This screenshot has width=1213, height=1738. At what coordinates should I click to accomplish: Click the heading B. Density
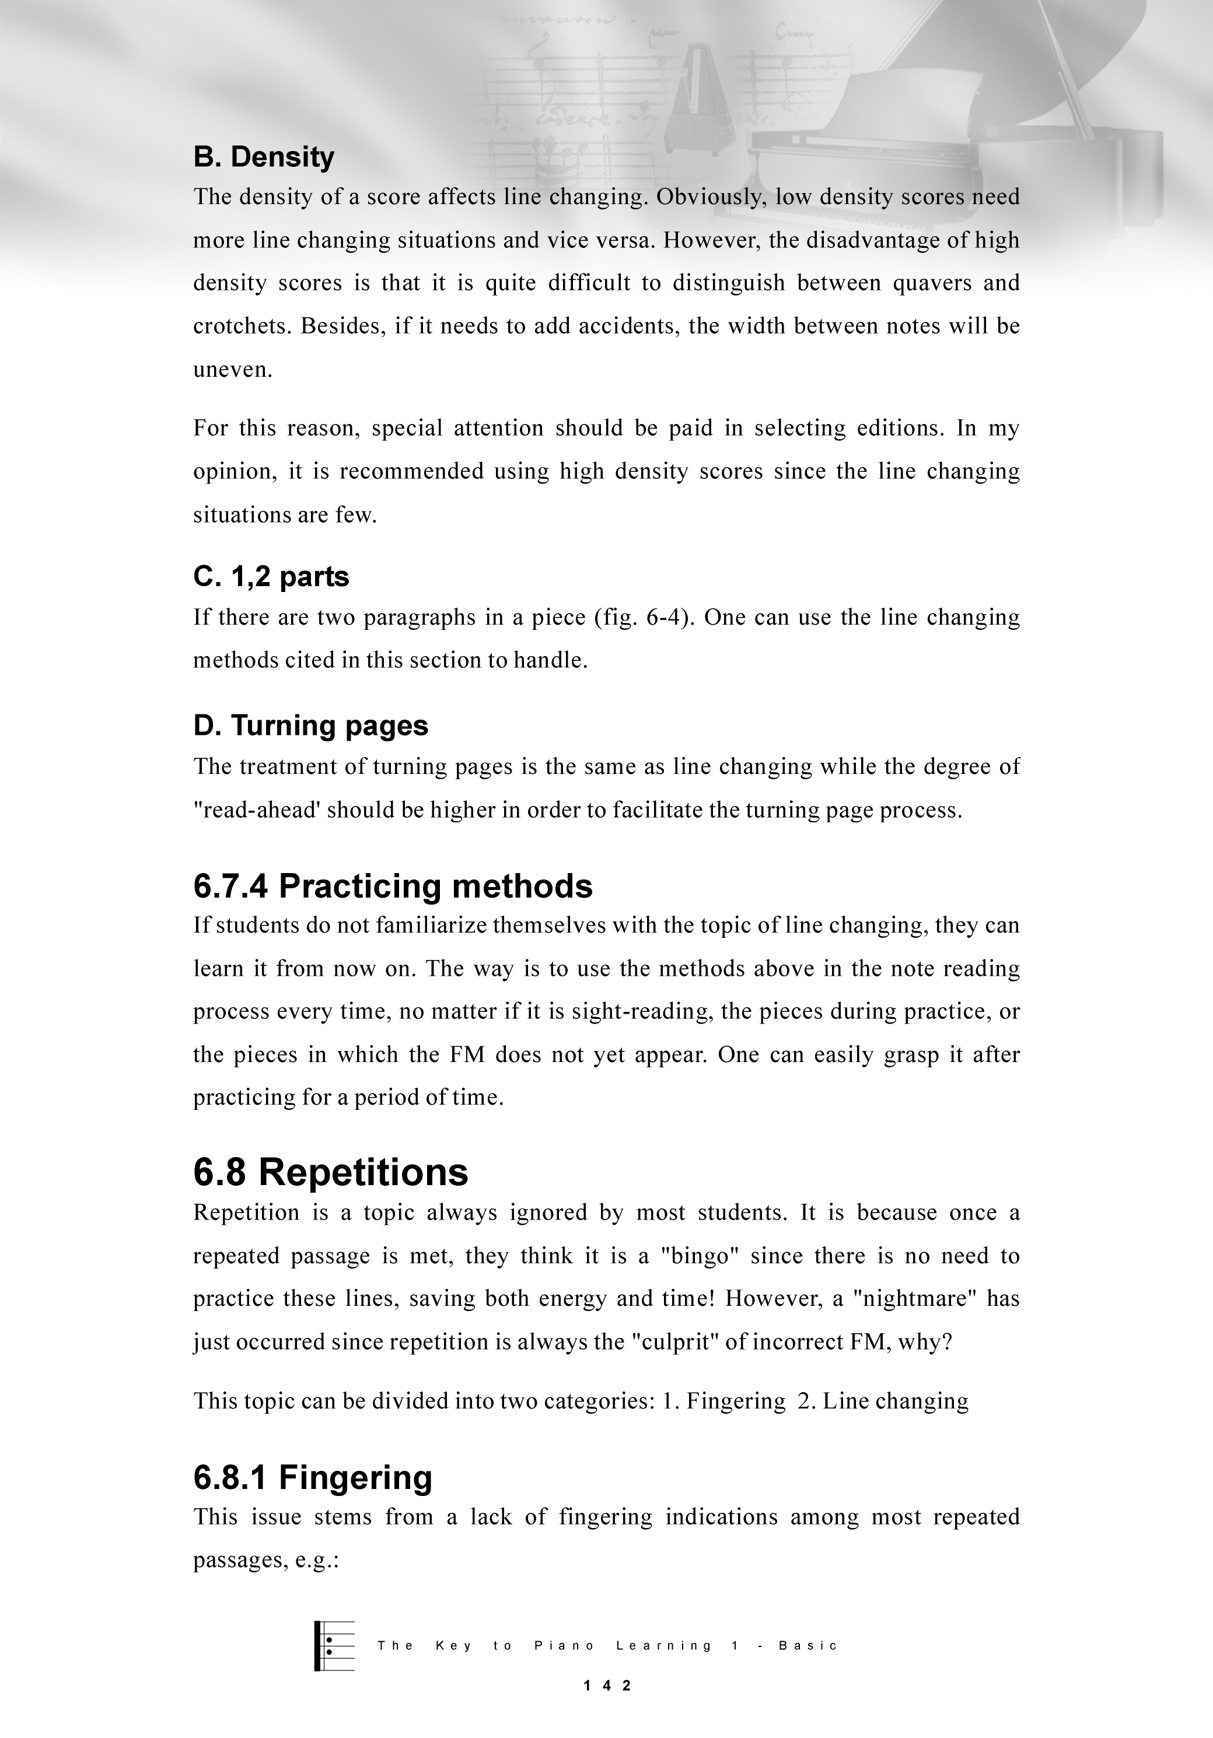264,157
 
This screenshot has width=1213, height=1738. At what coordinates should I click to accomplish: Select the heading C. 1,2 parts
271,577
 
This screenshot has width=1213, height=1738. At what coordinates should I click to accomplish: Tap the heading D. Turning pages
310,725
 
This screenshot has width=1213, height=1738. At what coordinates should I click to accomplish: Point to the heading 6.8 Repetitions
331,1172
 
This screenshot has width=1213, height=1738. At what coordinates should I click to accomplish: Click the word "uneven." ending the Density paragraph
232,370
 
